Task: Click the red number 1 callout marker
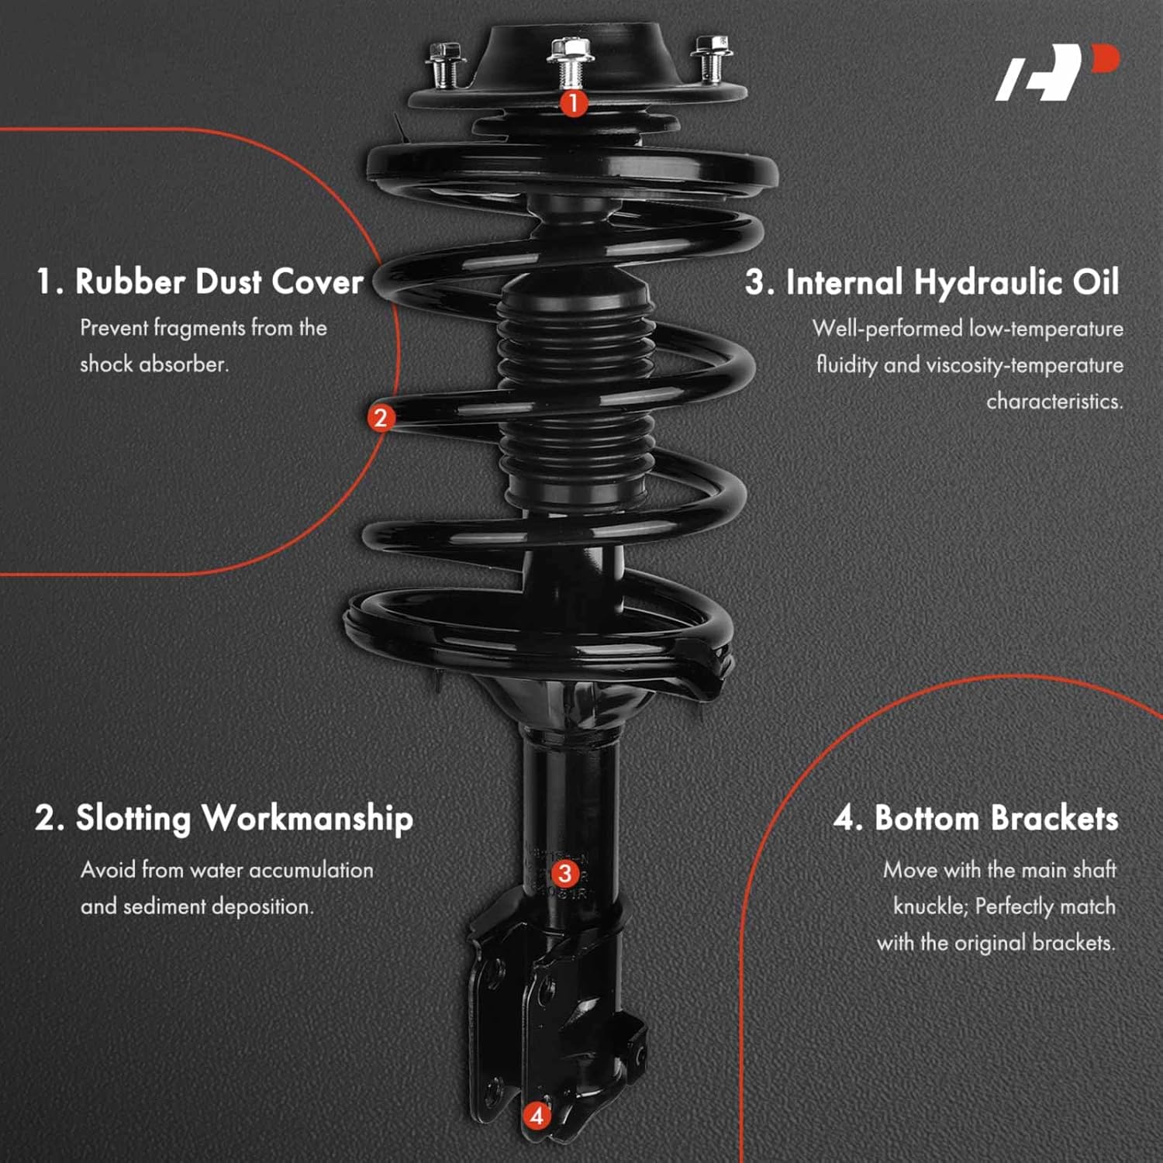(573, 102)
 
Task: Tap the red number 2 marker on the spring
(380, 418)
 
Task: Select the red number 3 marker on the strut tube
(564, 873)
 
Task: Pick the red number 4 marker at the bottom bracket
(536, 1116)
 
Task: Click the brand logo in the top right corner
(1057, 72)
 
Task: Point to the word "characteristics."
(1054, 402)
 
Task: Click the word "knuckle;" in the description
(930, 906)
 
